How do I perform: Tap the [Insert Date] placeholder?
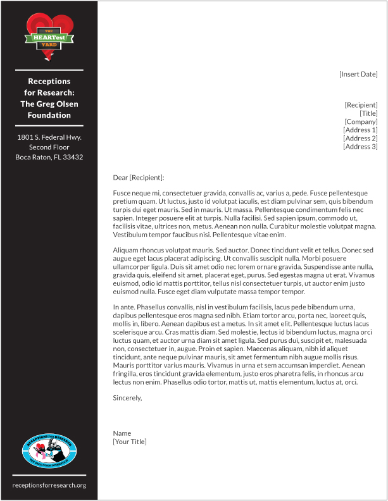click(358, 74)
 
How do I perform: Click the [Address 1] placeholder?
click(360, 130)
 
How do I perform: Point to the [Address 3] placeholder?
click(360, 147)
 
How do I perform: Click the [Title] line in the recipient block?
click(368, 113)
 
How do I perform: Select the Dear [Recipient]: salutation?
click(138, 178)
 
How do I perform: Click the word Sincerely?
click(127, 398)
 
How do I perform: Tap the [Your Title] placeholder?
click(130, 442)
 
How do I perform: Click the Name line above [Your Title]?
click(122, 433)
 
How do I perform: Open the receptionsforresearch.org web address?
click(49, 485)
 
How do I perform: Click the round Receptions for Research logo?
click(49, 451)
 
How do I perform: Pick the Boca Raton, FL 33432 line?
click(49, 157)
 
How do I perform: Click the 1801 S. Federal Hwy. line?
click(49, 137)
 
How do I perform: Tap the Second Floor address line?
click(49, 147)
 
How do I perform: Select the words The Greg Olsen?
click(49, 104)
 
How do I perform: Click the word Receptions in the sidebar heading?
click(49, 81)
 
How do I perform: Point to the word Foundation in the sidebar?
click(49, 115)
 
